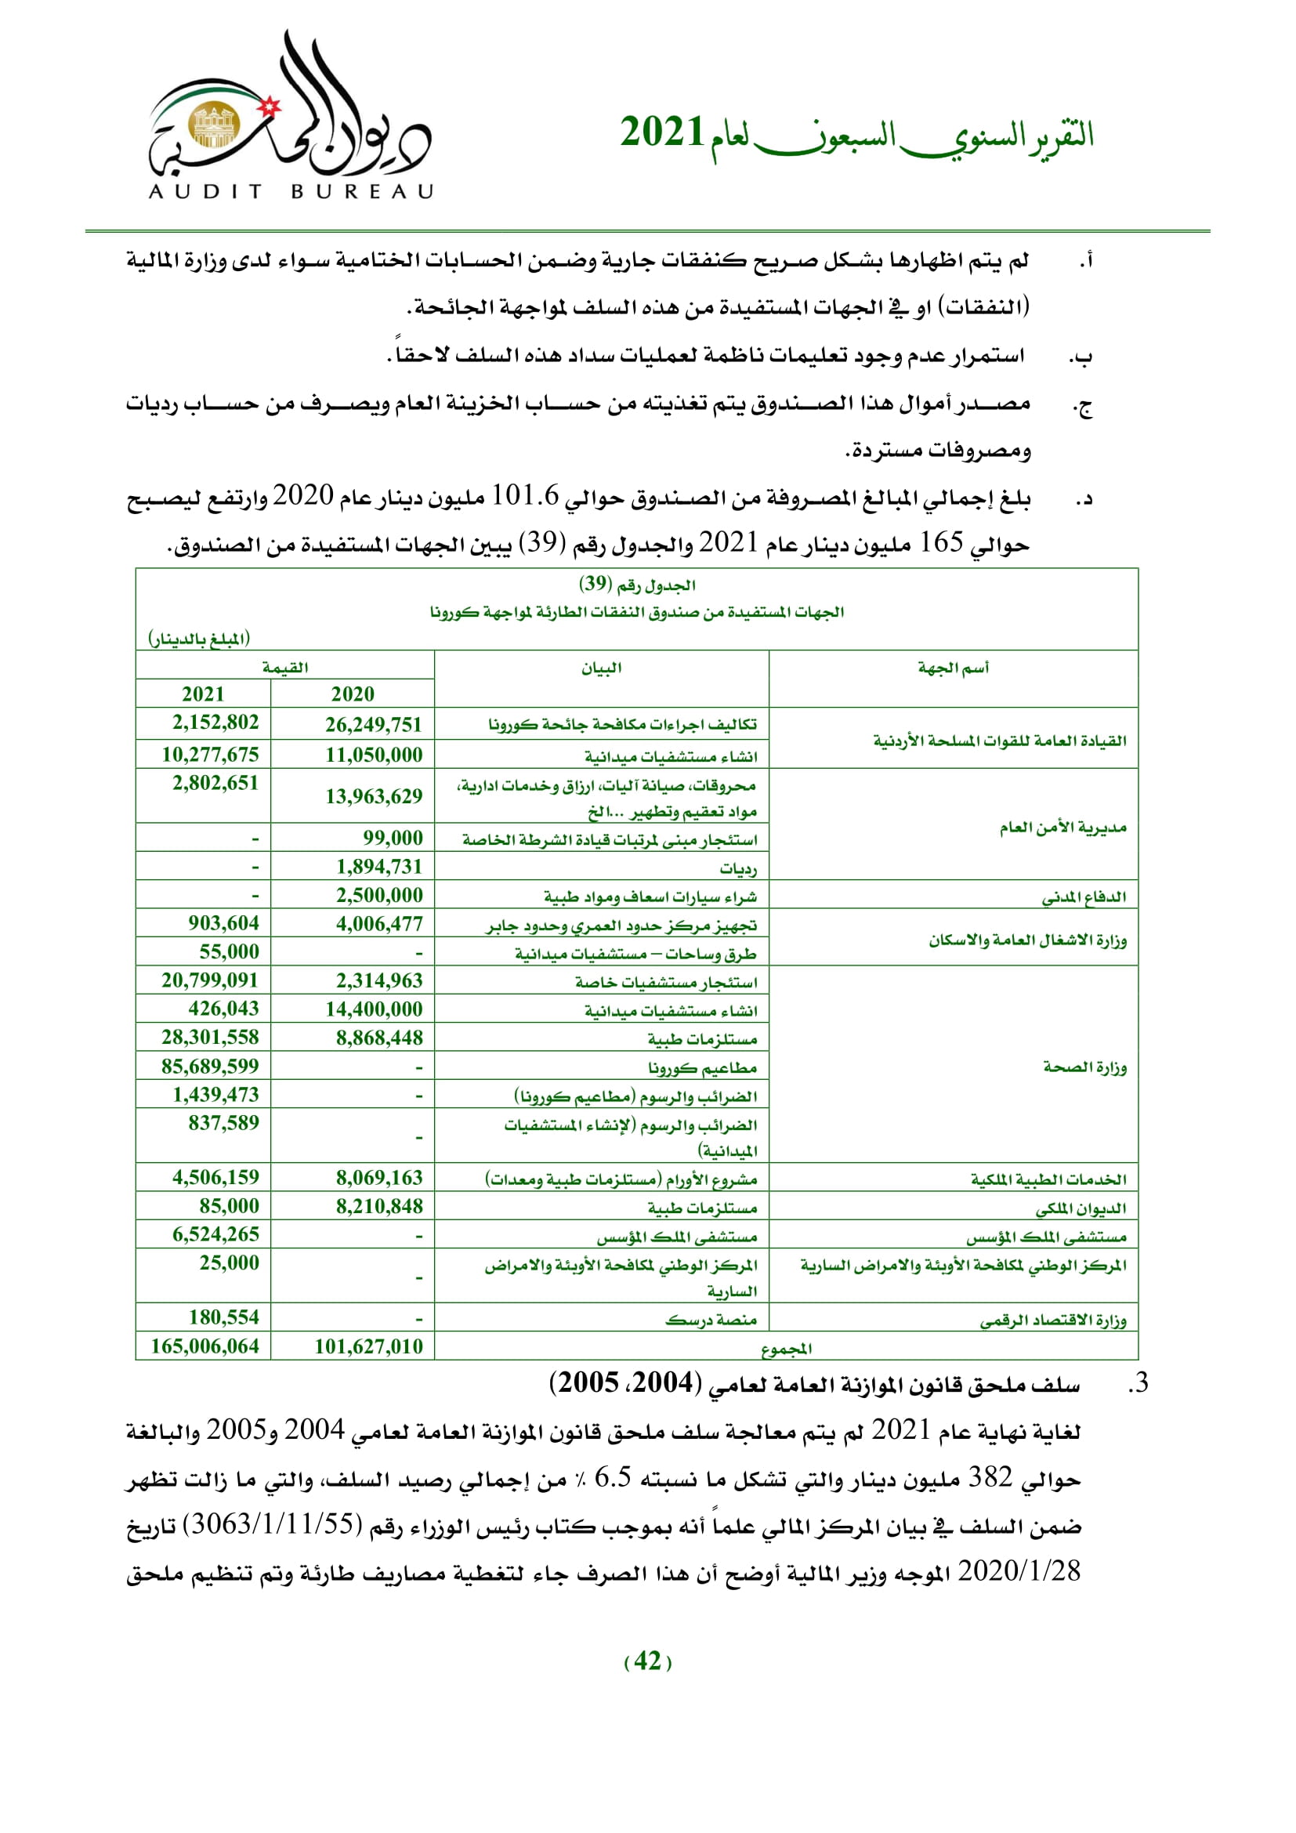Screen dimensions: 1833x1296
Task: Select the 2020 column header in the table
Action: point(352,694)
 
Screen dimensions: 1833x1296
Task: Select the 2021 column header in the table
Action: point(203,694)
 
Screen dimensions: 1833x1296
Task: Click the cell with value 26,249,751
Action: point(373,724)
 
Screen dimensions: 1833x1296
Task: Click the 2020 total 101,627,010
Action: point(368,1346)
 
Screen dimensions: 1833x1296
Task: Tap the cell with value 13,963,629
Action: point(373,795)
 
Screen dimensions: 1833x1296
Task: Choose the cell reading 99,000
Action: point(392,838)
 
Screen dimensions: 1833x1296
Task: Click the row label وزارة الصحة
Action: point(1084,1067)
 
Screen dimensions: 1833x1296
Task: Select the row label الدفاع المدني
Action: point(1084,896)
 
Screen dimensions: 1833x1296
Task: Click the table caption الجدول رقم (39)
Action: point(637,585)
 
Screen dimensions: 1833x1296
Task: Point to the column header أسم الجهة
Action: point(953,668)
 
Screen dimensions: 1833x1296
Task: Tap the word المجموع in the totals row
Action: point(786,1349)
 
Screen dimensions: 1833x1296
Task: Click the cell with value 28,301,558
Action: point(210,1037)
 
